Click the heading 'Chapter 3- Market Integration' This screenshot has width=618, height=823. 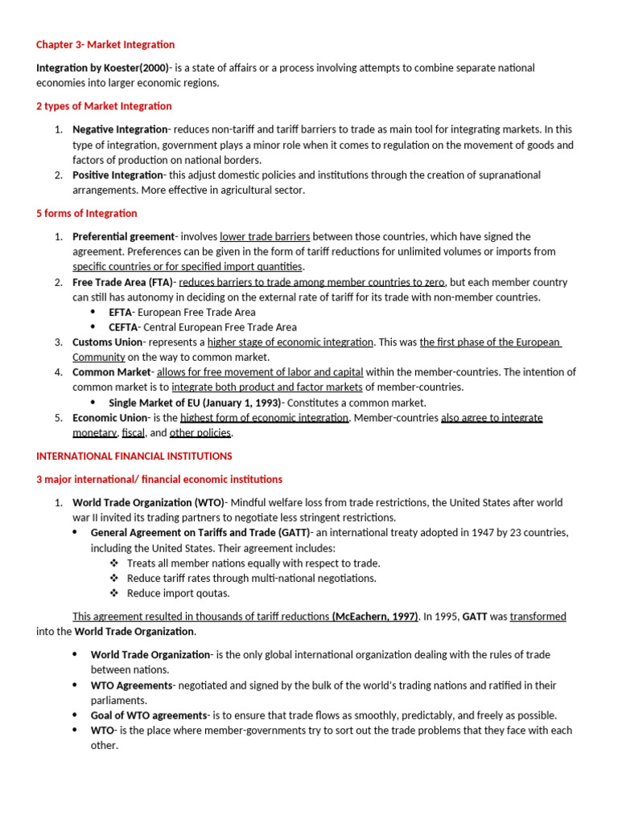105,45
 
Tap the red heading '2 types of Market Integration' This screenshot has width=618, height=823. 104,106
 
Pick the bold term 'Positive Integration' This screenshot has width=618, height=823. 117,175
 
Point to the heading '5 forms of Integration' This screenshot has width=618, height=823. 87,214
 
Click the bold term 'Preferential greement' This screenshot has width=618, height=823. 123,237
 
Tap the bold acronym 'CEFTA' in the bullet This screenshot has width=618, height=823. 123,327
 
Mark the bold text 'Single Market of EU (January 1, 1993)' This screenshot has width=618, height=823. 196,403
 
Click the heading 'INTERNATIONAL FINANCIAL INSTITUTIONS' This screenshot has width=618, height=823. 134,457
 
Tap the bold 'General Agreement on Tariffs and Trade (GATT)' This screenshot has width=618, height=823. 200,533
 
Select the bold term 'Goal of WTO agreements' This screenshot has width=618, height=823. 150,715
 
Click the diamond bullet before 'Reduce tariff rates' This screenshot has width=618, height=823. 114,579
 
